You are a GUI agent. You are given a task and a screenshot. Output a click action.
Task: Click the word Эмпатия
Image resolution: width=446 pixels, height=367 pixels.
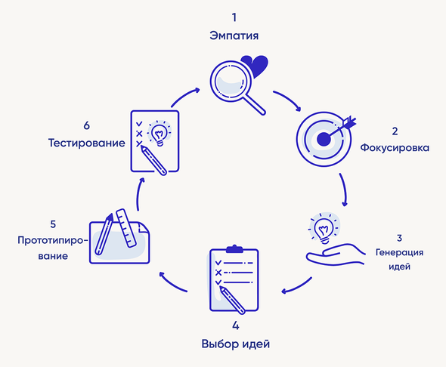coord(234,35)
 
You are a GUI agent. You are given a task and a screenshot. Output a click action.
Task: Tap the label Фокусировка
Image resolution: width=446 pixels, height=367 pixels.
coord(395,148)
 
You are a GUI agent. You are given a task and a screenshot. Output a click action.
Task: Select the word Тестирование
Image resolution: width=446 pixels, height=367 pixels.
coord(86,143)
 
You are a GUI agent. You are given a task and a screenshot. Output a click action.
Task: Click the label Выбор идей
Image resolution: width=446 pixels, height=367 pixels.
coord(236,344)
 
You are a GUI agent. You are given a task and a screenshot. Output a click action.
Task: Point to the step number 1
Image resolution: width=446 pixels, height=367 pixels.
coord(234,17)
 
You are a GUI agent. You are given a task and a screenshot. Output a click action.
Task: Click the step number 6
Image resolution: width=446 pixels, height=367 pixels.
coord(86,125)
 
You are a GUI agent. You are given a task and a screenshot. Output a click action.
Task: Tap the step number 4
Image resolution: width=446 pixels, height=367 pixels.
coord(236,325)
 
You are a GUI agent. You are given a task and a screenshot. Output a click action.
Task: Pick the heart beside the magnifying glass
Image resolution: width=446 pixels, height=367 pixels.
coord(256,66)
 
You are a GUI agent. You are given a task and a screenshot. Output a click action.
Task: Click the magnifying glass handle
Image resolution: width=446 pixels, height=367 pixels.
coord(254,104)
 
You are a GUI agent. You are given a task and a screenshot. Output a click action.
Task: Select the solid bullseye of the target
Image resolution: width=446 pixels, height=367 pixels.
coord(324,139)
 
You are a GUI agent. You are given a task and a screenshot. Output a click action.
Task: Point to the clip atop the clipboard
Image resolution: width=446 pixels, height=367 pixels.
coord(234,249)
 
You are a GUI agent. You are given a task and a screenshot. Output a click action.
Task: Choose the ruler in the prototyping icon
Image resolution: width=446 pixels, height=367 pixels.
coord(126,228)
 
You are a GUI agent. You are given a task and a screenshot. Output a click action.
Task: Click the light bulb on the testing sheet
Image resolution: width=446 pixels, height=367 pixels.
coord(159,133)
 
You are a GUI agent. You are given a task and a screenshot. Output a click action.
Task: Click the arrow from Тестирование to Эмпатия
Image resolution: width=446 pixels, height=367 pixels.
coord(184,96)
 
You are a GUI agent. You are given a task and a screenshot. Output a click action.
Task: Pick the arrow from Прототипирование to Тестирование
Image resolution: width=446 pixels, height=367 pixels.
coord(138,194)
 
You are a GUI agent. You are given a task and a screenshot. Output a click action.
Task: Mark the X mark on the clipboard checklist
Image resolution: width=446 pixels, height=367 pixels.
coord(218,273)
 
